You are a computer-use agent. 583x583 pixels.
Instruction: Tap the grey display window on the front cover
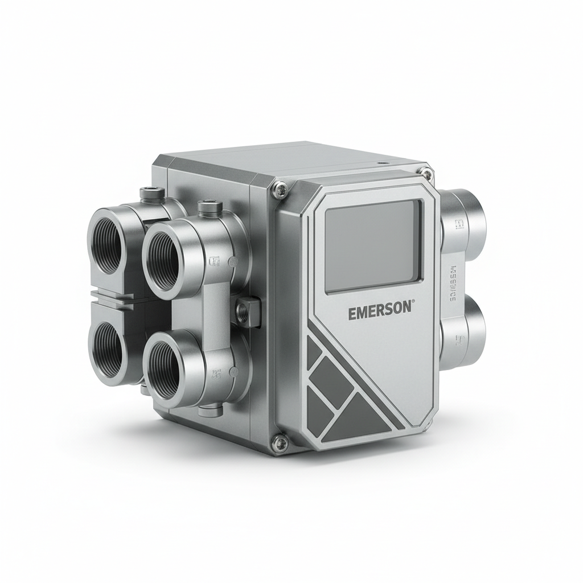pyautogui.click(x=373, y=245)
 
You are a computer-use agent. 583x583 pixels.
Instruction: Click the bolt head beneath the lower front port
pyautogui.click(x=212, y=408)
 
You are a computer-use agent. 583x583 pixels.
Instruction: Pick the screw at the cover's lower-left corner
pyautogui.click(x=278, y=439)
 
